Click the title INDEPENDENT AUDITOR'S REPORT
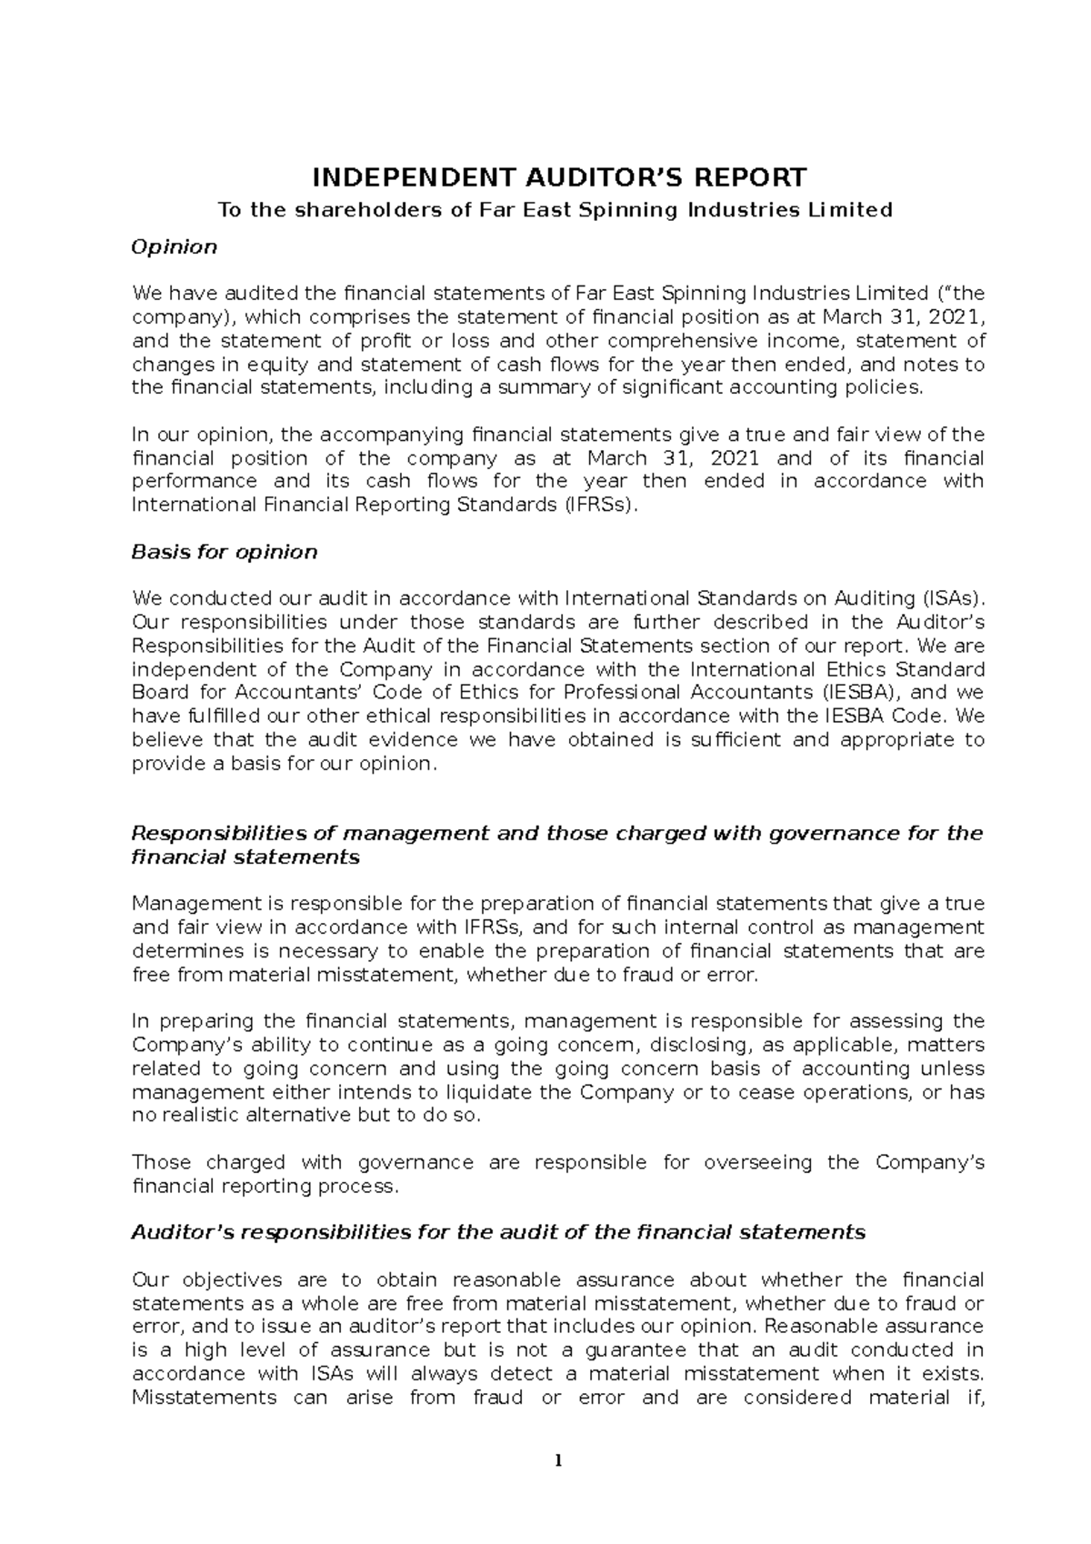558,176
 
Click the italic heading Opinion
174,246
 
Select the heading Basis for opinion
224,552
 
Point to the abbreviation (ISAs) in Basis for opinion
952,598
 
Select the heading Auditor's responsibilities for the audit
498,1232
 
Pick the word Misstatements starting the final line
204,1398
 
